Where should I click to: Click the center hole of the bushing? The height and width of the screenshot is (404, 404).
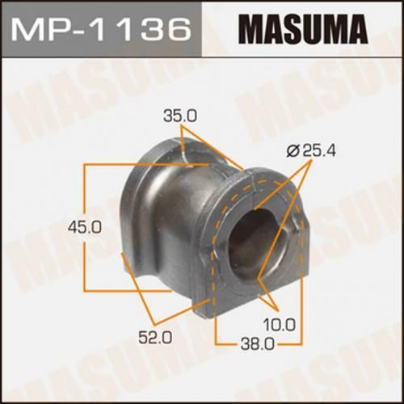tap(250, 246)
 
